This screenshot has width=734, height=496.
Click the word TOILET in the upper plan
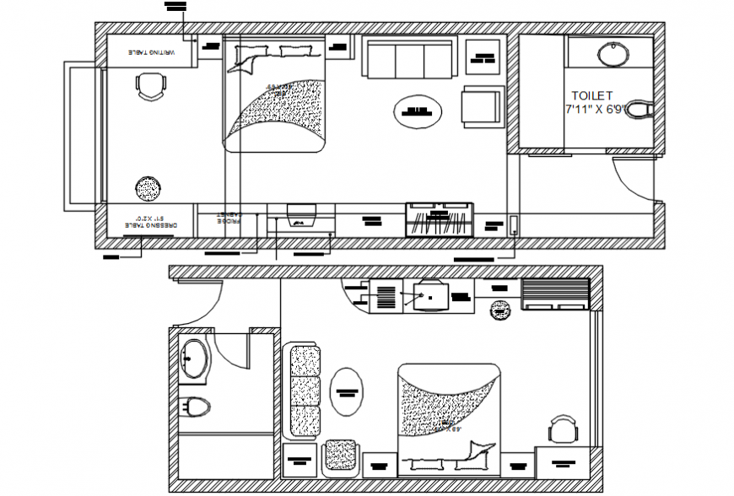pyautogui.click(x=592, y=96)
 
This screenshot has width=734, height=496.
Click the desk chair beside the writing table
pyautogui.click(x=150, y=86)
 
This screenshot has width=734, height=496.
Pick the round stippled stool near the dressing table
pyautogui.click(x=148, y=188)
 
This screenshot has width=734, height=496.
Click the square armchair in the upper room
pyautogui.click(x=482, y=108)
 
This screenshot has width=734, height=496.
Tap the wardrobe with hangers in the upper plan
pyautogui.click(x=439, y=220)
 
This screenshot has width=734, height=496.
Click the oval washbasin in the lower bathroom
pyautogui.click(x=194, y=359)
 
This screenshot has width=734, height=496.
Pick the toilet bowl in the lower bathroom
pyautogui.click(x=194, y=407)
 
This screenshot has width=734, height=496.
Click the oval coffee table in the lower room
pyautogui.click(x=346, y=391)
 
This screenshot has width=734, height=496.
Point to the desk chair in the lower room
pyautogui.click(x=562, y=430)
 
